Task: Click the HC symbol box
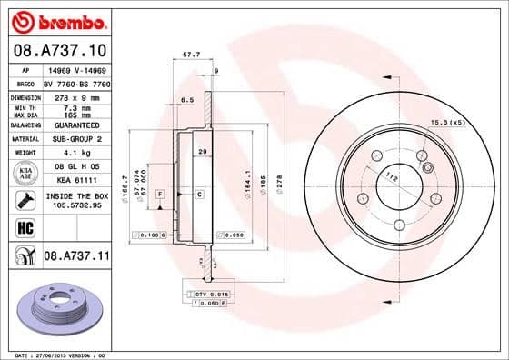(x=23, y=226)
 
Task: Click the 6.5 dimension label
(x=188, y=99)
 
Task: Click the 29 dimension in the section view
(x=203, y=152)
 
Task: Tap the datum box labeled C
(x=198, y=195)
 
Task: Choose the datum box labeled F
(x=159, y=195)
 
